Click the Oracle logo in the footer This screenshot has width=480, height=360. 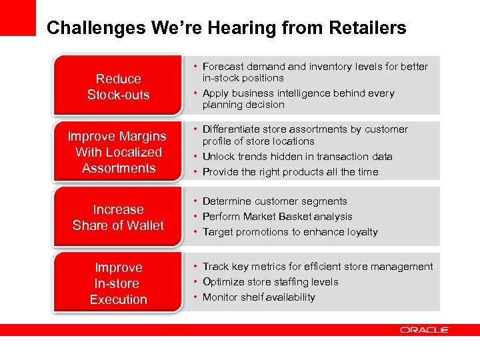click(x=425, y=330)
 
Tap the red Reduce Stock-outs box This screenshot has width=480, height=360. click(x=118, y=87)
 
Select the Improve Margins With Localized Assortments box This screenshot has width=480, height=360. click(x=118, y=152)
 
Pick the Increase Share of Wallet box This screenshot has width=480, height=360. click(x=118, y=217)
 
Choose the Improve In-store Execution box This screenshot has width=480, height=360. click(x=118, y=283)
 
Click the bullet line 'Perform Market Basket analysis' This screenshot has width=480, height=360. click(x=277, y=217)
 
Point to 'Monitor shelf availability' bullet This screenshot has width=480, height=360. click(x=259, y=297)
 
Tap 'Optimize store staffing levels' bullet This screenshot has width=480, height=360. click(x=270, y=282)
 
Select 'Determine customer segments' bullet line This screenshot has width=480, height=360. click(x=275, y=201)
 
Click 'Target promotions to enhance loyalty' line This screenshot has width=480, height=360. click(x=290, y=232)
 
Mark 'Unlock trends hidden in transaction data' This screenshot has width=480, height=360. click(x=297, y=157)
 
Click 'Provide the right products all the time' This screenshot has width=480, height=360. click(x=290, y=172)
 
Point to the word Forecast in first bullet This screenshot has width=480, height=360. click(x=224, y=67)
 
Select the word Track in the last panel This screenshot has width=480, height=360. click(x=215, y=267)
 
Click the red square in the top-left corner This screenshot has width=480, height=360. click(x=17, y=17)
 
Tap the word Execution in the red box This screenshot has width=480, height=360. click(x=118, y=299)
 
